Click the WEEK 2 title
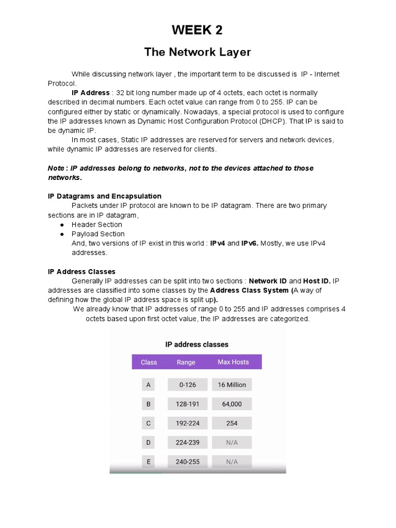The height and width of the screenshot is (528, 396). click(197, 30)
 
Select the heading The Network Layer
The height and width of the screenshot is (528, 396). click(197, 52)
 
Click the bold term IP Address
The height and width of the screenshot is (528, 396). click(90, 93)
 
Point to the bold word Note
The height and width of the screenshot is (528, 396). click(56, 168)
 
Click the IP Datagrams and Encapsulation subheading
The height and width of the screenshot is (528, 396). click(105, 196)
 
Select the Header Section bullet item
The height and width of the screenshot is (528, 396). click(97, 224)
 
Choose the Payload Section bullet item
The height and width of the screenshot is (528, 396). click(98, 234)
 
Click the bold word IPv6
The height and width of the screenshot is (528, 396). click(250, 243)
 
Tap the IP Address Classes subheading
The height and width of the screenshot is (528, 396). click(81, 271)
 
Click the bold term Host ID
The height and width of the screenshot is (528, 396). click(317, 281)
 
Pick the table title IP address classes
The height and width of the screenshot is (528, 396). click(197, 344)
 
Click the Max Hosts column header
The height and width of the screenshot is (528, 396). click(233, 362)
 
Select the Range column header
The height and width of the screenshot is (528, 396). click(186, 362)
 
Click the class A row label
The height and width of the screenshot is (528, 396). click(148, 385)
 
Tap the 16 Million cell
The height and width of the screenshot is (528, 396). click(232, 385)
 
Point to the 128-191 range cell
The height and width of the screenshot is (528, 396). click(187, 404)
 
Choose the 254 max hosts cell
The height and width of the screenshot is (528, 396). click(232, 423)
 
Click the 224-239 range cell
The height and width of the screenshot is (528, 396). click(187, 442)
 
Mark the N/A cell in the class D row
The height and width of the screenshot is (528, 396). click(232, 442)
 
